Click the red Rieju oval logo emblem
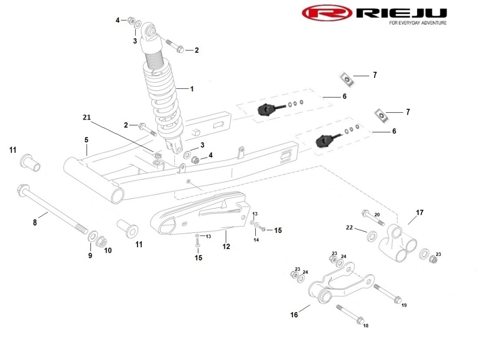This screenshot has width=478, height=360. coord(327,13)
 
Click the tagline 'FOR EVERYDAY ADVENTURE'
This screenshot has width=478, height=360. coord(417,23)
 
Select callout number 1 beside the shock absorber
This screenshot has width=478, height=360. coord(192,89)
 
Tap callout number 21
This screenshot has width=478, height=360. coord(87,117)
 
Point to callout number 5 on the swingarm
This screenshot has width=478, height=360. coord(86,140)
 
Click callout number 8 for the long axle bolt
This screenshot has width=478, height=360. coord(35,223)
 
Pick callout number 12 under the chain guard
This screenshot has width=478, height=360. coord(226,246)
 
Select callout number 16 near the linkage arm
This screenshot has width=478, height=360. coord(294,315)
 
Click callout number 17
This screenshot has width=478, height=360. coord(420,212)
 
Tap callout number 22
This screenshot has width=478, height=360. coord(349,228)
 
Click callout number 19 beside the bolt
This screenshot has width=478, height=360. coord(404,305)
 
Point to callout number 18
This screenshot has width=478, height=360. coord(366,326)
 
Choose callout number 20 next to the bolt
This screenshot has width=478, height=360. coord(377,215)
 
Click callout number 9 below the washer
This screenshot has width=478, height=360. coord(90,256)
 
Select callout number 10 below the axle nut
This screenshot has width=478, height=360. coord(108,251)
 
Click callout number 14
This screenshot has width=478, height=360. coord(256,240)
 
